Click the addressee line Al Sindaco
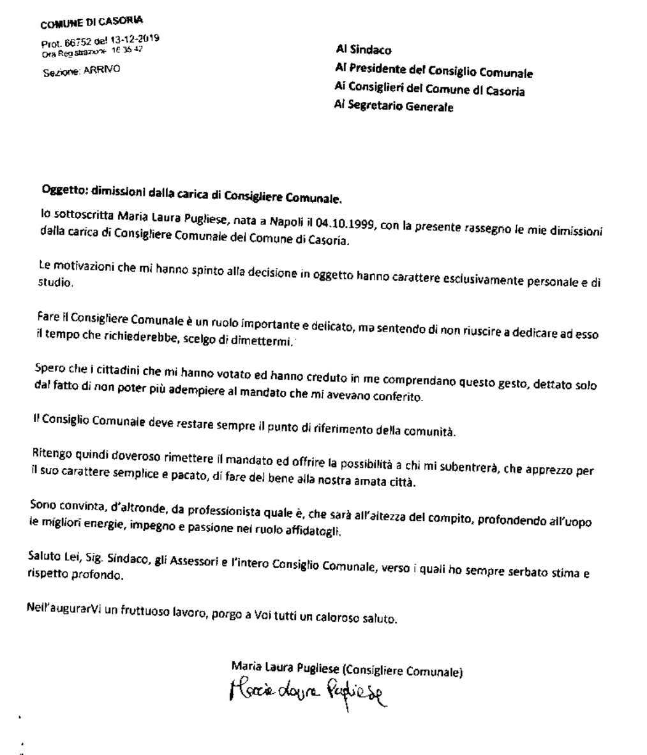(x=364, y=50)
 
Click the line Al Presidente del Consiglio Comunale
(x=434, y=73)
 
